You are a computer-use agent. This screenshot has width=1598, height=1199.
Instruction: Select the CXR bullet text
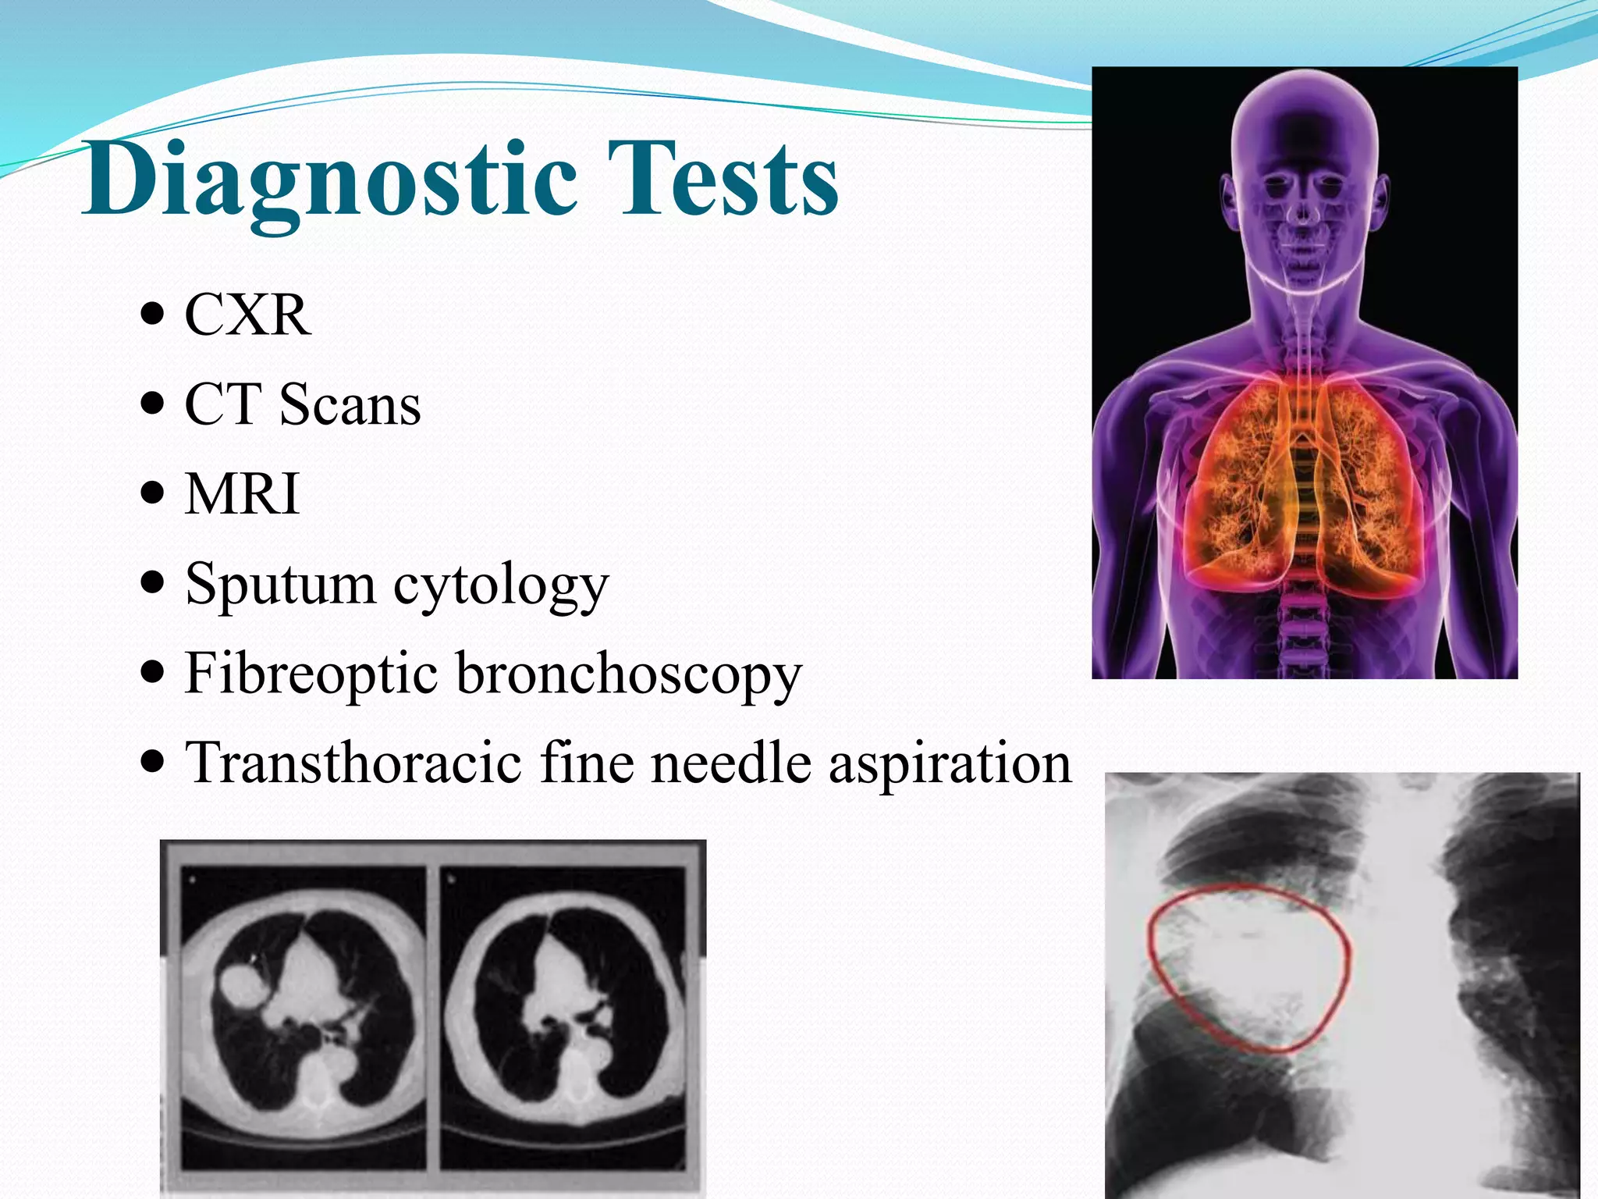(x=247, y=315)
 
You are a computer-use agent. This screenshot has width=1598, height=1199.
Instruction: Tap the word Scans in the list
(x=350, y=405)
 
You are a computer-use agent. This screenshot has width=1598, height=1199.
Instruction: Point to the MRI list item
(x=243, y=494)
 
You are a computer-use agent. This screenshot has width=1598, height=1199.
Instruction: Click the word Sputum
(x=280, y=583)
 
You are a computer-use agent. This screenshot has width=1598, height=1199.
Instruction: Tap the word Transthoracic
(x=353, y=763)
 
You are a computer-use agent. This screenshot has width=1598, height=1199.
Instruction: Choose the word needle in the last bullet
(x=731, y=763)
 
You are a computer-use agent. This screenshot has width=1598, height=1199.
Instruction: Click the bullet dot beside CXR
(x=154, y=315)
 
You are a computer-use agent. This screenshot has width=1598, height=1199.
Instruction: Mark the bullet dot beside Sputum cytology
(x=154, y=583)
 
